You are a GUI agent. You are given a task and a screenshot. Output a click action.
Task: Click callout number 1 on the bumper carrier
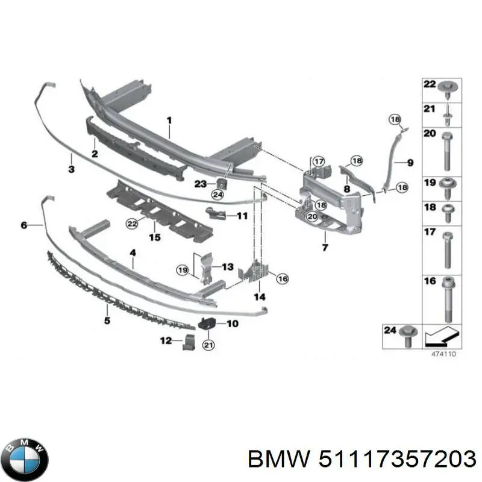tap(169, 120)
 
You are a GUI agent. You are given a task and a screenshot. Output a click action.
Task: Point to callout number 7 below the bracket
tap(325, 247)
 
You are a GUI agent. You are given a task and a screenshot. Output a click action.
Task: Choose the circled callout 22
tap(131, 224)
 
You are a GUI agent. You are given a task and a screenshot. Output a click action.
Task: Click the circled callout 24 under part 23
tap(217, 194)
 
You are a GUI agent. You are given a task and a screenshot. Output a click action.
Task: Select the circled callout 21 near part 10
tap(208, 345)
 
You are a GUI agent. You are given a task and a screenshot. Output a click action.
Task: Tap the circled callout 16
tap(282, 278)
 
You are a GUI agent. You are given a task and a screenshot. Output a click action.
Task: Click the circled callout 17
tap(318, 161)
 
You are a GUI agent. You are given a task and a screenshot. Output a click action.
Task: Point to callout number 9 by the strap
tap(410, 162)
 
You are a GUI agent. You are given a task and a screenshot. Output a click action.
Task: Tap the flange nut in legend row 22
tap(447, 90)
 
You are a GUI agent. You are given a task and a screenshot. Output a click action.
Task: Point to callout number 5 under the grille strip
tap(107, 320)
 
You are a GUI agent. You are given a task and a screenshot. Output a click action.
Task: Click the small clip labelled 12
tap(189, 342)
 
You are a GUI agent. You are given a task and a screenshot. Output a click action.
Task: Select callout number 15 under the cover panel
tap(155, 237)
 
